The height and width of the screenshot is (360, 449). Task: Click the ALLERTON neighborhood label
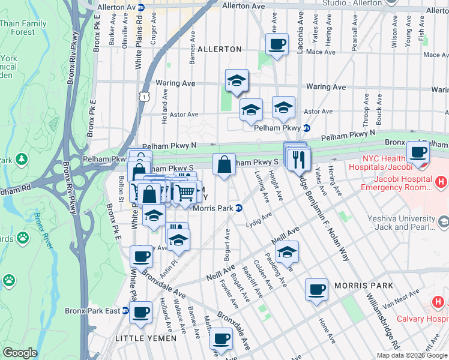[219, 49]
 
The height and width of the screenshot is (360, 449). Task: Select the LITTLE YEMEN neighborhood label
[146, 338]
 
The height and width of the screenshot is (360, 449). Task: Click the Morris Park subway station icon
[239, 208]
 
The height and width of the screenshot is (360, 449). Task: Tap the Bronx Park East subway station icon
[125, 311]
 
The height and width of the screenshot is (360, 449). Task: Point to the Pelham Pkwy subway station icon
[306, 128]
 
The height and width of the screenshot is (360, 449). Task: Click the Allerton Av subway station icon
[141, 7]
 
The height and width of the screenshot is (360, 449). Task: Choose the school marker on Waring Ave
[237, 80]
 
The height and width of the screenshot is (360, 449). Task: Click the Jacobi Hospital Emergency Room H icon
[441, 181]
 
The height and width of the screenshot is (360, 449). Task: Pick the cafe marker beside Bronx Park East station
[141, 312]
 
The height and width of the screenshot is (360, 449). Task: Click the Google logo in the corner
[20, 353]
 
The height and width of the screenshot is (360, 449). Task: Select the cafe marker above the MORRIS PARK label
[316, 289]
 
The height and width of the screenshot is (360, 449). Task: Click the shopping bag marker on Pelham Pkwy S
[224, 164]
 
